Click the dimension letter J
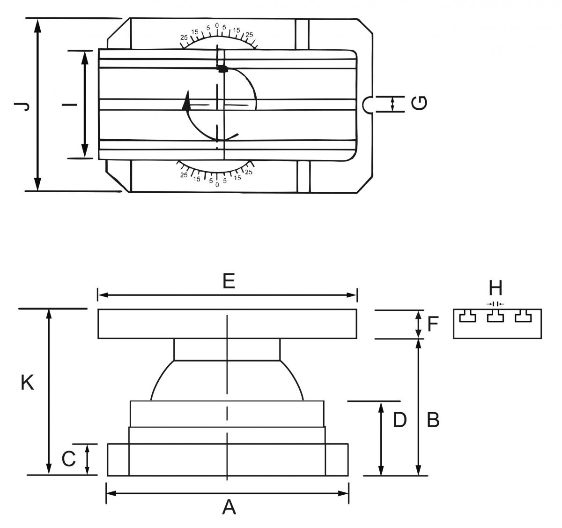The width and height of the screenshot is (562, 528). click(22, 106)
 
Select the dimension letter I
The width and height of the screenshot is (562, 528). click(70, 105)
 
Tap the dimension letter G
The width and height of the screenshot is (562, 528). click(419, 103)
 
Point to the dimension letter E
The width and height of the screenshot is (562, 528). click(229, 281)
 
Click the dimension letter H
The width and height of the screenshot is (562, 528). click(495, 287)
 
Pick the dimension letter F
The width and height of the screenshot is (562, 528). click(433, 324)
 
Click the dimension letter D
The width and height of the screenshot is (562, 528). click(400, 420)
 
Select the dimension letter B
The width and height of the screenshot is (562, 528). click(433, 420)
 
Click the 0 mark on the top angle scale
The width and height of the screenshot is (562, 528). click(217, 25)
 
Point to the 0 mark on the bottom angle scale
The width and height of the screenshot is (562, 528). click(217, 185)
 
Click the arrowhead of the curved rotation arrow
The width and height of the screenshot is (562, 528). click(186, 101)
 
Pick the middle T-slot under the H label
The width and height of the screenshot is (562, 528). click(495, 316)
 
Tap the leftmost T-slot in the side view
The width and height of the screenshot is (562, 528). click(467, 316)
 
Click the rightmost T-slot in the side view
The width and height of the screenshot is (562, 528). click(523, 316)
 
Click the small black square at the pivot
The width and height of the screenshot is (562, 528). click(222, 68)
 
